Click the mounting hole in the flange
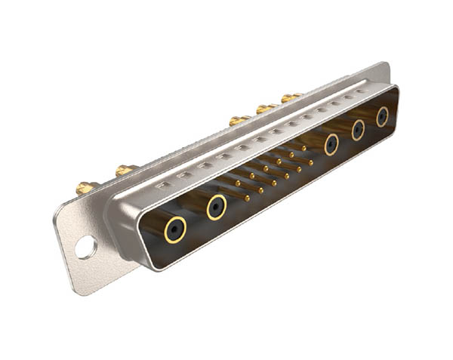coord(85,246)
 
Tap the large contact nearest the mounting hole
coord(176,227)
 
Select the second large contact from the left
coord(217,206)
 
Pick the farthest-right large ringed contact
coord(382,116)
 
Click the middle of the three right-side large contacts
coord(358,130)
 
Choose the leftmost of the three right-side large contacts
coord(331,144)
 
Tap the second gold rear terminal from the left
coord(125,171)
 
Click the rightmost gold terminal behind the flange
coord(290,97)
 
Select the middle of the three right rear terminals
coord(265,109)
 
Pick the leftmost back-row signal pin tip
coord(237,183)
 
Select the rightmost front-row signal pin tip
coord(310,161)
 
